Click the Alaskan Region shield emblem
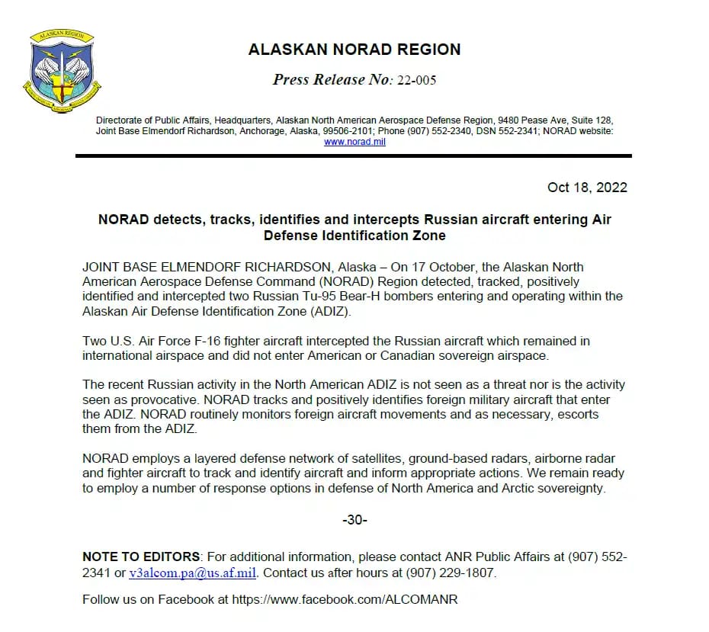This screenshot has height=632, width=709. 62,72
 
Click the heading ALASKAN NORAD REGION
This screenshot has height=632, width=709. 354,50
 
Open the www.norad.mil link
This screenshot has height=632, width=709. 354,142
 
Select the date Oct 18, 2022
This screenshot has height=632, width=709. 587,188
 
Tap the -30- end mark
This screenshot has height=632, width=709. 354,520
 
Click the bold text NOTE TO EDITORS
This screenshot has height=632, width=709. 141,557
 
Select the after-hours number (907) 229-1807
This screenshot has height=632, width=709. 454,573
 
